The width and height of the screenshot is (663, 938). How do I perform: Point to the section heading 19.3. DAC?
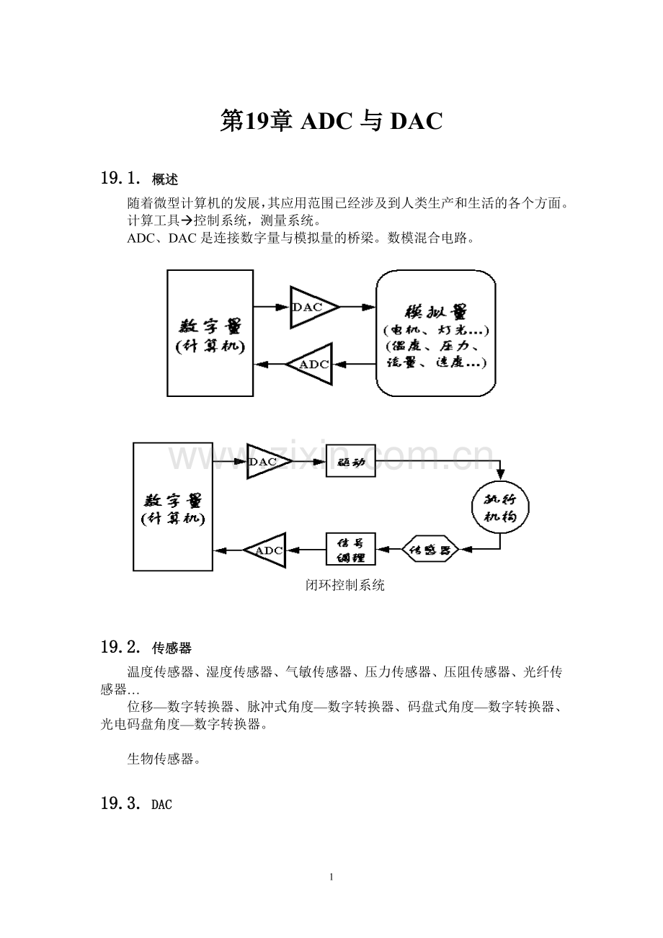[x=137, y=804]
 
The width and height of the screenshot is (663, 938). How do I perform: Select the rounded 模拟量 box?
[x=436, y=334]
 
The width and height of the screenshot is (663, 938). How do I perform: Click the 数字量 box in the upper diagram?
[x=210, y=333]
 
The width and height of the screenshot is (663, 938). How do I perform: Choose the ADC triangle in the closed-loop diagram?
[x=266, y=550]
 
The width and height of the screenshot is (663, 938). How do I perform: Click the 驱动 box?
[x=351, y=461]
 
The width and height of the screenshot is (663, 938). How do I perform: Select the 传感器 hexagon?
[x=430, y=550]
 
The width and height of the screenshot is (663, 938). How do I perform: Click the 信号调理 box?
[x=351, y=550]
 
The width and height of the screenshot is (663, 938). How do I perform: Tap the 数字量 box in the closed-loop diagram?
[x=173, y=506]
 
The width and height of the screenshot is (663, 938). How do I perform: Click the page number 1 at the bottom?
[x=331, y=877]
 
